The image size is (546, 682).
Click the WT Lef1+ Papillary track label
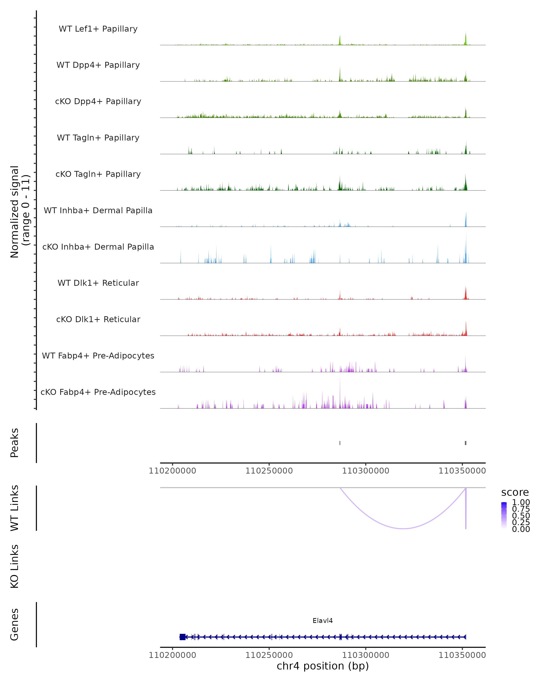pyautogui.click(x=98, y=29)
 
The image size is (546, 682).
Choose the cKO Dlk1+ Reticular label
pyautogui.click(x=98, y=319)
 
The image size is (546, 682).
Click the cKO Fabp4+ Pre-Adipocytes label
pyautogui.click(x=98, y=392)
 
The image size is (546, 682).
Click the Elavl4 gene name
pyautogui.click(x=323, y=620)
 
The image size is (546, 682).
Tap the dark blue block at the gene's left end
pyautogui.click(x=182, y=637)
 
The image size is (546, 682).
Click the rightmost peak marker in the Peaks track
pyautogui.click(x=465, y=443)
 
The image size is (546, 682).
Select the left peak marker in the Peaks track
pyautogui.click(x=340, y=443)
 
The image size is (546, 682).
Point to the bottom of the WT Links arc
pyautogui.click(x=403, y=528)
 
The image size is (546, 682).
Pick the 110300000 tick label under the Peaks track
pyautogui.click(x=366, y=471)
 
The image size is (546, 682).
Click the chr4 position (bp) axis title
pyautogui.click(x=323, y=666)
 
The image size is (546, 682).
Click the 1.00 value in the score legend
pyautogui.click(x=521, y=502)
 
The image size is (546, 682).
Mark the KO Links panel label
pyautogui.click(x=15, y=566)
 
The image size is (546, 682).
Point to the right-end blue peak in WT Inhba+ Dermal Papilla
pyautogui.click(x=466, y=220)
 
